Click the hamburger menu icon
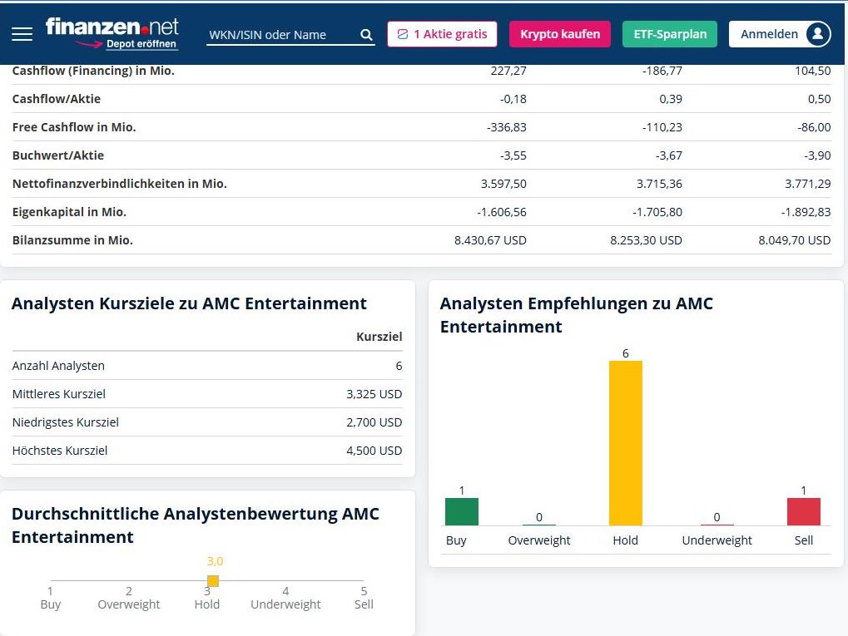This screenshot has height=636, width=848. [x=22, y=34]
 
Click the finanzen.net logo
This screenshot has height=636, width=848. [x=112, y=28]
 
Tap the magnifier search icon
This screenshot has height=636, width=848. [x=366, y=35]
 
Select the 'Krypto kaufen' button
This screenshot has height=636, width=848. [x=559, y=34]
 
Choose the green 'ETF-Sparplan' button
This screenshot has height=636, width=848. [x=669, y=34]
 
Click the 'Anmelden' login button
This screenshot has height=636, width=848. [x=780, y=34]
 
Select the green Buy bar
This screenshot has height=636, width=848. [x=462, y=511]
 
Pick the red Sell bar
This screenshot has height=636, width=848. [x=803, y=511]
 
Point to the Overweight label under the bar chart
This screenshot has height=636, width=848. [x=539, y=540]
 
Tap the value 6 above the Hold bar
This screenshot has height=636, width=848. [x=625, y=353]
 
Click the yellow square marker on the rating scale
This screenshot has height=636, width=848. [x=212, y=581]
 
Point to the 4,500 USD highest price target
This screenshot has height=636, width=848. [x=374, y=451]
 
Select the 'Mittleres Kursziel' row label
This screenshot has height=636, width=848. [x=59, y=394]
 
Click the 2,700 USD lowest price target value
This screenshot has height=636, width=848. [x=374, y=422]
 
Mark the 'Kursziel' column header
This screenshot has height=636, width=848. [x=379, y=337]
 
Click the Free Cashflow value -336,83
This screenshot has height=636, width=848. [x=506, y=127]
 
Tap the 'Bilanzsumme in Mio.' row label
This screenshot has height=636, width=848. [x=72, y=240]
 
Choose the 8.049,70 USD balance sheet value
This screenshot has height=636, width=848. [x=794, y=240]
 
